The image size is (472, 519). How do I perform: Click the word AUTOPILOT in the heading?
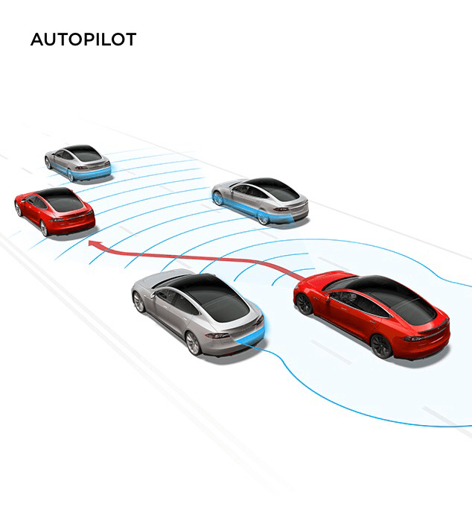pos(83,40)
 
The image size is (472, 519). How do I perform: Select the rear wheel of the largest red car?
pos(380,345)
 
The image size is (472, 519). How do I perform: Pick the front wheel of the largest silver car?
pos(139,302)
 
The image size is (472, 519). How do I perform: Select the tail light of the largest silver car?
pos(220,336)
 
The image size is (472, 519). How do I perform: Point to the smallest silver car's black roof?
pos(84,154)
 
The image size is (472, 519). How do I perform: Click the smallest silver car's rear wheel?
pos(71,175)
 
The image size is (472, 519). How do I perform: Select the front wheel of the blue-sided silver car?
pos(218,198)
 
